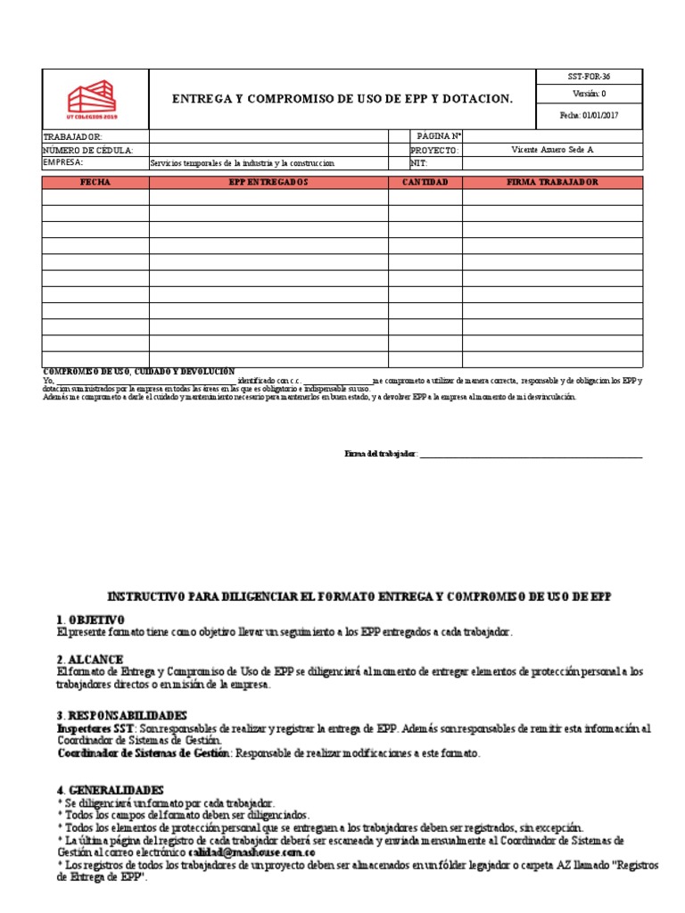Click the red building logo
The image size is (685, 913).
tap(92, 100)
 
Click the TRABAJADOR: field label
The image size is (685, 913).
tap(73, 136)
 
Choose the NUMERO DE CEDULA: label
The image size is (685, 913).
tap(88, 150)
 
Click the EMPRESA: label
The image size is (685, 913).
tap(63, 163)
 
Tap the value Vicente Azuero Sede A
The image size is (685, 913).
tap(552, 150)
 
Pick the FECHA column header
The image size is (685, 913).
tap(95, 182)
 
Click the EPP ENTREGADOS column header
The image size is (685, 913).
tap(268, 182)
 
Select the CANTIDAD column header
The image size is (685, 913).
tap(425, 182)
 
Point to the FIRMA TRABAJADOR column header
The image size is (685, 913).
tap(552, 182)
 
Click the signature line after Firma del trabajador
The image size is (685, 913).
tap(531, 456)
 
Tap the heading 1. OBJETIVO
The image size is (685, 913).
tap(90, 620)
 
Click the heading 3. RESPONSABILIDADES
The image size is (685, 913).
tap(121, 715)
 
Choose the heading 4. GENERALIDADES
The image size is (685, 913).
tap(110, 790)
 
